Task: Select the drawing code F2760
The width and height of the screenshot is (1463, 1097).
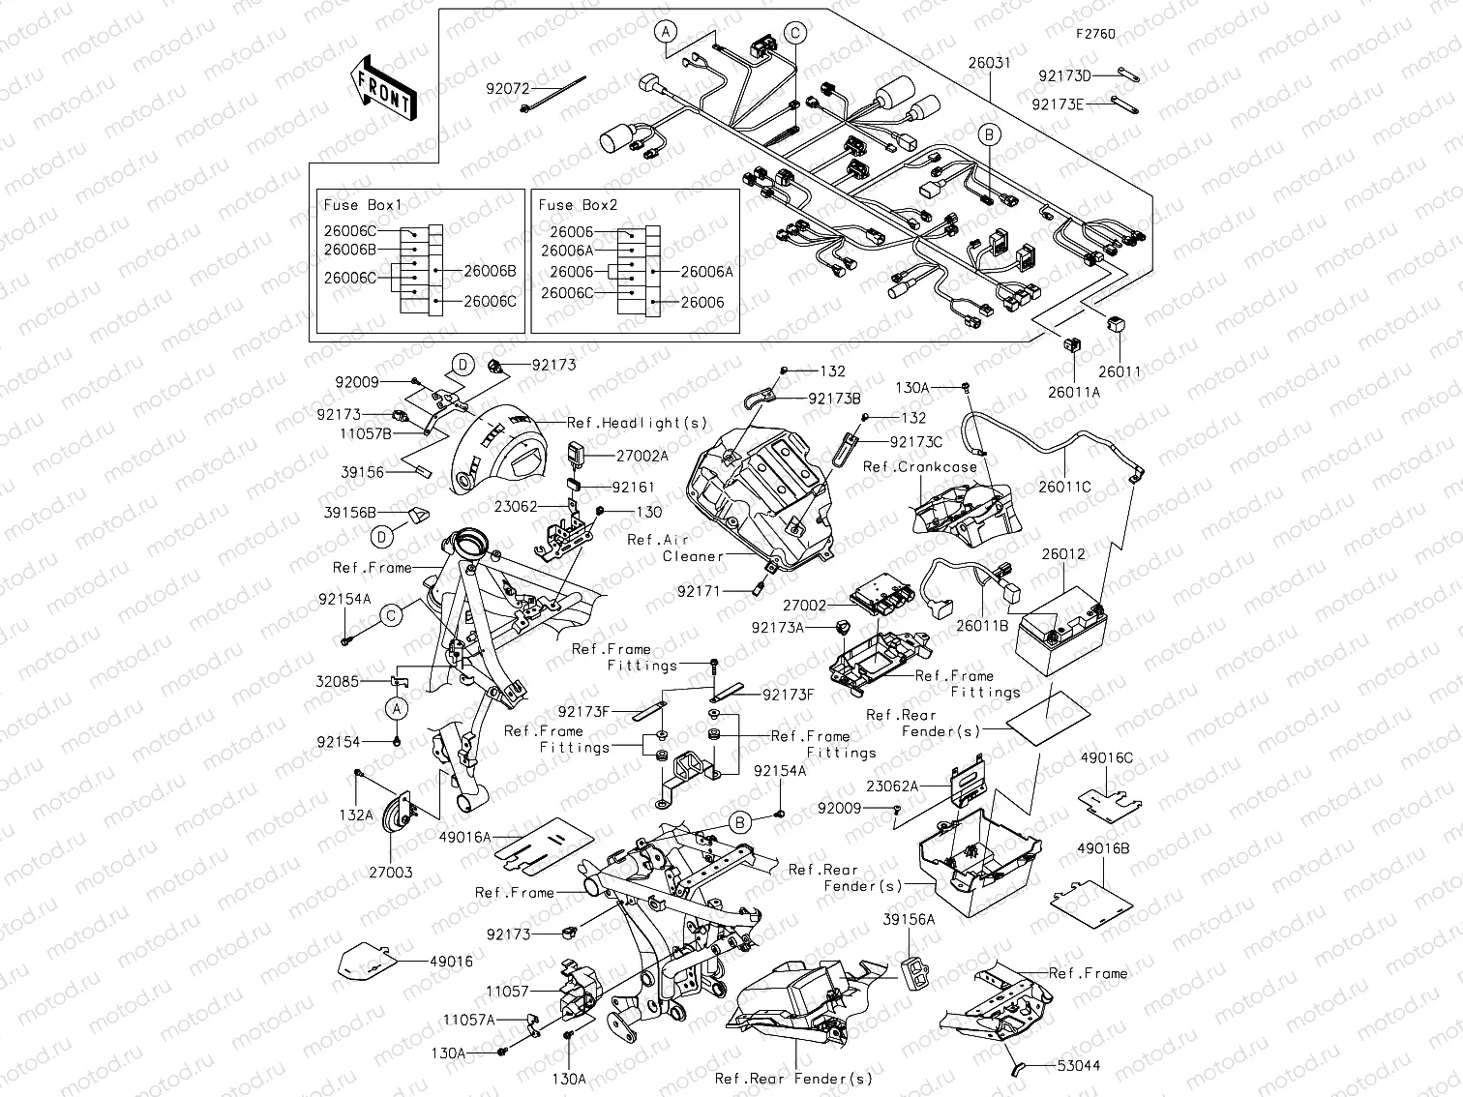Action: [x=1095, y=34]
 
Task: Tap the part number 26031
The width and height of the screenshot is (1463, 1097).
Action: [x=989, y=63]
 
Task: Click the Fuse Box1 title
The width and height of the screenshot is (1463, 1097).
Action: [x=362, y=205]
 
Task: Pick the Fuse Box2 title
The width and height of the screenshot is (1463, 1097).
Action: [x=578, y=205]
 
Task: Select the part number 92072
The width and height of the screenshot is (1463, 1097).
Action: [x=508, y=88]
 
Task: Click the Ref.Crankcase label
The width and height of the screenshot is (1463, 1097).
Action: [x=919, y=467]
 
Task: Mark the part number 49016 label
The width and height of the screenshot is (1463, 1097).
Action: [x=452, y=962]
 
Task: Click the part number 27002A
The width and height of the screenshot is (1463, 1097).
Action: [x=642, y=455]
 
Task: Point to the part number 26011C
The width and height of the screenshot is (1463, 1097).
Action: [x=1064, y=487]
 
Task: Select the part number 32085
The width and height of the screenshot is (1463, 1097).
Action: [x=338, y=681]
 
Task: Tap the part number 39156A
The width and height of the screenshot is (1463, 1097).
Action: [x=909, y=919]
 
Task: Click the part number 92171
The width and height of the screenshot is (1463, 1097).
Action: [x=698, y=590]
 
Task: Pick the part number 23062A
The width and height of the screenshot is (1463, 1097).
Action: [x=891, y=787]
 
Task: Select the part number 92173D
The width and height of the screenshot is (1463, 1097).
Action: [x=1064, y=75]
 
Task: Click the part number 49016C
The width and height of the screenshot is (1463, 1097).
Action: [x=1106, y=757]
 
